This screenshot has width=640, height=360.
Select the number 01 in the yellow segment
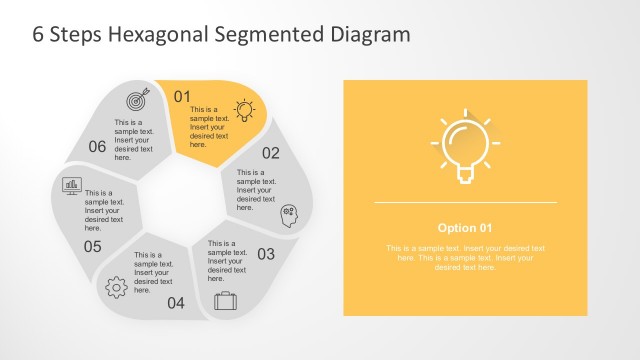[x=182, y=96]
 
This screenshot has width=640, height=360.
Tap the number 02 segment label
[x=271, y=153]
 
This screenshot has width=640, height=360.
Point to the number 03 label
[x=266, y=254]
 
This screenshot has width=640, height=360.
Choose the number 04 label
[x=176, y=303]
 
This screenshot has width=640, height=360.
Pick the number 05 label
[x=93, y=246]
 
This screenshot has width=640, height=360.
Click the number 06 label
[x=97, y=146]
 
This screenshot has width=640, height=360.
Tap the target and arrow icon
[x=136, y=100]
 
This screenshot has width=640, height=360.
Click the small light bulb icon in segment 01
[x=243, y=109]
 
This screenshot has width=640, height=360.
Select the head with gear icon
[x=289, y=212]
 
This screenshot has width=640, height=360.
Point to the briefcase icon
[x=225, y=299]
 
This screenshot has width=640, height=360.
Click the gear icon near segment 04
[x=116, y=287]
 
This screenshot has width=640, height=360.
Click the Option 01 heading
[x=465, y=227]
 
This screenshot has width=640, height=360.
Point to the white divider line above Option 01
[x=465, y=203]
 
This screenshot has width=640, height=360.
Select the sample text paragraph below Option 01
[x=465, y=257]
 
